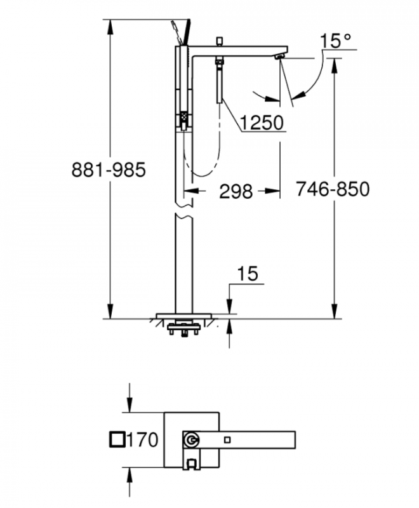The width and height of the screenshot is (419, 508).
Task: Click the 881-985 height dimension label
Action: click(109, 170)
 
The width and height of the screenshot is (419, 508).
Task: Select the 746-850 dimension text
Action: click(332, 189)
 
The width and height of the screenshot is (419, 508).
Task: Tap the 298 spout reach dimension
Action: click(236, 191)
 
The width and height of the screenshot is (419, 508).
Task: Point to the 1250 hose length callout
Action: click(261, 122)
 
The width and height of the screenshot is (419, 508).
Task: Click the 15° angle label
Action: click(336, 42)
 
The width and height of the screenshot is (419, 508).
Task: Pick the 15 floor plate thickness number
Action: click(248, 274)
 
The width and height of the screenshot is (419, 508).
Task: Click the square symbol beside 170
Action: click(117, 439)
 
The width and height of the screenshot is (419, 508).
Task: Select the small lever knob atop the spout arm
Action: click(218, 41)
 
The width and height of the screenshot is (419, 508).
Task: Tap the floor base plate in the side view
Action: click(184, 315)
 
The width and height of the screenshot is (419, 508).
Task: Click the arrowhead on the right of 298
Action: click(275, 190)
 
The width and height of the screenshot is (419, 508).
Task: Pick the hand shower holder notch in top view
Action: click(190, 464)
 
